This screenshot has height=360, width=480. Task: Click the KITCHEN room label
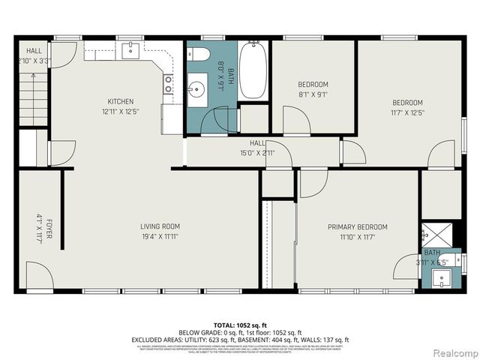(x=120, y=101)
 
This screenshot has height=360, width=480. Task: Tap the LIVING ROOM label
(x=160, y=226)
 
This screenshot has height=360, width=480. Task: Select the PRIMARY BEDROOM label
(x=357, y=226)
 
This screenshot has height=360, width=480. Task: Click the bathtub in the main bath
(x=252, y=70)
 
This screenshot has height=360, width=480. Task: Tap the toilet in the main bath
(x=199, y=55)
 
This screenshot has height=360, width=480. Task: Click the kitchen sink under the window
(x=130, y=50)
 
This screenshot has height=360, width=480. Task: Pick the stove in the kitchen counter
(x=169, y=83)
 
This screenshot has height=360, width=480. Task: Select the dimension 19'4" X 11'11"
(x=160, y=236)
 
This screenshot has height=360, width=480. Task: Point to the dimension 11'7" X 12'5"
(x=407, y=113)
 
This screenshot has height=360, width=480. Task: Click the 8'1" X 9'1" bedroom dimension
(x=313, y=94)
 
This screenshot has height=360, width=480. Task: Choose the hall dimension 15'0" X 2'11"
(x=257, y=153)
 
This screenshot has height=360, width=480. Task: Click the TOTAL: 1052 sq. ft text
(x=239, y=324)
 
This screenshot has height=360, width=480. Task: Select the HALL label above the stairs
(x=34, y=50)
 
